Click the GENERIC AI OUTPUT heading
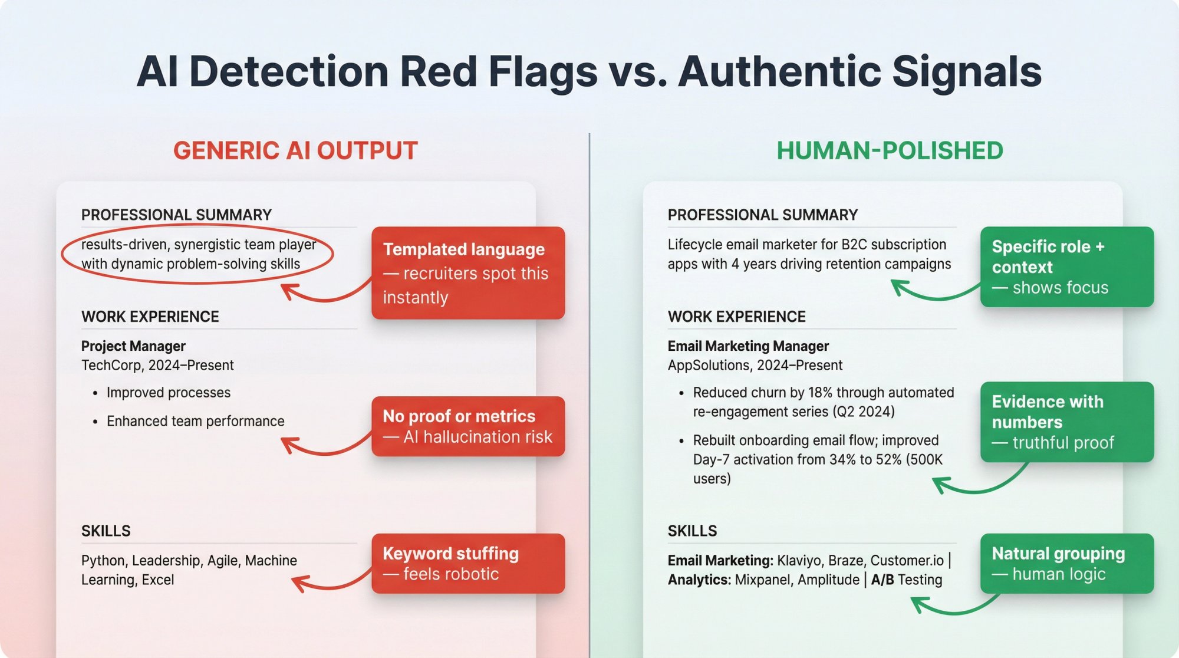click(x=295, y=151)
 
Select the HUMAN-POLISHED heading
click(x=890, y=151)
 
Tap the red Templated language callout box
click(x=467, y=273)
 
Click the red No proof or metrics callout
click(x=467, y=426)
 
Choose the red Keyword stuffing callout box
click(x=467, y=564)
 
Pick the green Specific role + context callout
click(x=1066, y=267)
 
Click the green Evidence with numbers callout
click(x=1066, y=422)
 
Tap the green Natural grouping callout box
click(x=1066, y=564)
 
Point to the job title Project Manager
click(x=133, y=346)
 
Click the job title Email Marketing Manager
click(x=748, y=346)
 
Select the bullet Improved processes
click(x=168, y=393)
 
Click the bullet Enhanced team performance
click(x=195, y=421)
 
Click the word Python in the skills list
click(x=103, y=561)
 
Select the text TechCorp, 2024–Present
click(x=157, y=366)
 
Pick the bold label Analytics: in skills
click(x=699, y=580)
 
